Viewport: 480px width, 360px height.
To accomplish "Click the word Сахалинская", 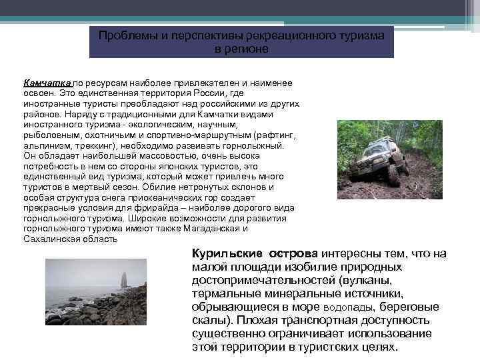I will pyautogui.click(x=51, y=239).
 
